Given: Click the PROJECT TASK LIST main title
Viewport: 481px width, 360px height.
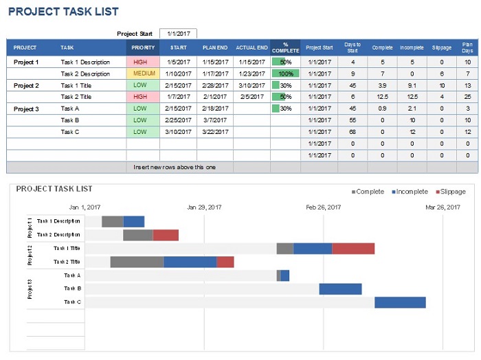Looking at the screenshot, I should (x=63, y=12).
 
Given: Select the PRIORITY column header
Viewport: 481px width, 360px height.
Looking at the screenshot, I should (x=142, y=48).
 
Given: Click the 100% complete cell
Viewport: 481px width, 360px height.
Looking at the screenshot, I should (x=286, y=74).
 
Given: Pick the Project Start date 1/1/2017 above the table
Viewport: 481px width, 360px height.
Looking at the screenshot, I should (x=178, y=33).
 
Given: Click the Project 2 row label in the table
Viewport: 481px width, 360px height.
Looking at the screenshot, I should (x=27, y=85).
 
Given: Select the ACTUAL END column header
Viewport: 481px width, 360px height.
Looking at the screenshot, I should (x=251, y=48).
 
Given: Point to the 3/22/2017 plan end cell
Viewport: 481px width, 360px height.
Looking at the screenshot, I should (x=215, y=132).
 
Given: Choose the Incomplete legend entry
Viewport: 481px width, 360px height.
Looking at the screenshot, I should (x=411, y=192).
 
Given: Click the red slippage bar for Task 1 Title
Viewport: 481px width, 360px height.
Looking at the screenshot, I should (x=353, y=249).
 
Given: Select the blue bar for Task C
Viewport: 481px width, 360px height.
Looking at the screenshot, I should (x=400, y=302).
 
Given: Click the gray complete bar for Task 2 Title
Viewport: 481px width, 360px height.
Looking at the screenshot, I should (x=137, y=262).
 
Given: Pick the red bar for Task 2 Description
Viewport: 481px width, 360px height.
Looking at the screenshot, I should (x=166, y=235).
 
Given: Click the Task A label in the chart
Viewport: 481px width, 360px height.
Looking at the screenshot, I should (x=72, y=275).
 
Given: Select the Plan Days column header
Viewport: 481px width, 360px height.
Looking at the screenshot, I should (x=467, y=48).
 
